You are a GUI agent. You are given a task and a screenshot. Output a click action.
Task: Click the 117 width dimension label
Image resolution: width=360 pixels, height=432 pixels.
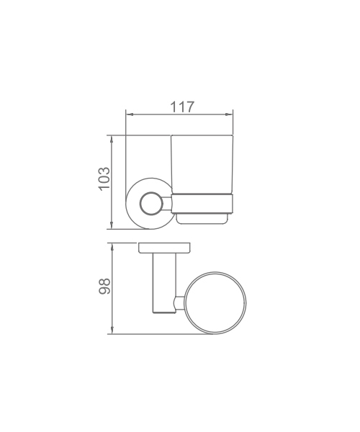182,107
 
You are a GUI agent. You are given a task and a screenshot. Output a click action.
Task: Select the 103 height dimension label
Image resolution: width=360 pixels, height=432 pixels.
104,179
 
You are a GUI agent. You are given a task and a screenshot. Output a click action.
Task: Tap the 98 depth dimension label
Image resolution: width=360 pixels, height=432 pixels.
104,287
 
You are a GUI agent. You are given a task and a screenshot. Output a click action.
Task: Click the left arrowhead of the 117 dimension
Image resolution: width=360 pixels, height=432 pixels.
130,114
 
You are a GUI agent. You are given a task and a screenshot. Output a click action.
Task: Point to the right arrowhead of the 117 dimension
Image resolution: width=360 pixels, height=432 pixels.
229,114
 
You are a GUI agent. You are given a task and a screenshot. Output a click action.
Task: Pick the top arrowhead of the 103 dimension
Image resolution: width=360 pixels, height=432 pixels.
112,139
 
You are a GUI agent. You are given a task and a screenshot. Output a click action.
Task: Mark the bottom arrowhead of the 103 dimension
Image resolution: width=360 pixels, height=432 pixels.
112,225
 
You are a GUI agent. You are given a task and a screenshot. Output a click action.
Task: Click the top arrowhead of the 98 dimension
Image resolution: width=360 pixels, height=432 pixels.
112,247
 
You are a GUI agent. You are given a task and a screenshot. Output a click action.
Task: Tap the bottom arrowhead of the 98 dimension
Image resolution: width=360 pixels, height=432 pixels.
112,330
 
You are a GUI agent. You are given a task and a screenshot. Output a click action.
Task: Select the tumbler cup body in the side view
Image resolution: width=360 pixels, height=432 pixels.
202,164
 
